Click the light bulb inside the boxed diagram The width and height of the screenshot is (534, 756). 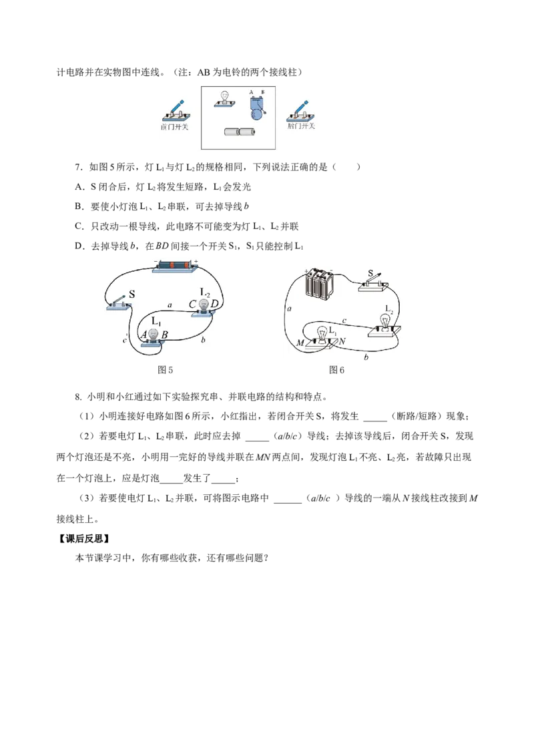pos(224,98)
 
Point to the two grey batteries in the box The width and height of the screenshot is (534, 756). pos(240,131)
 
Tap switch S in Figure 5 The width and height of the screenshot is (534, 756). pos(119,303)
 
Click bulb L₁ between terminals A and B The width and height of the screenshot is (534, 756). pos(154,337)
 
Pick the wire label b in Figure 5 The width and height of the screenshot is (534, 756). pos(203,340)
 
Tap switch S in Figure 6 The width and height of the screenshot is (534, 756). pos(374,283)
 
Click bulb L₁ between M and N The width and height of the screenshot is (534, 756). pos(322,337)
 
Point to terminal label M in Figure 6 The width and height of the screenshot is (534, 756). pos(300,343)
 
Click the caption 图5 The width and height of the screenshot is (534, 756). pos(166,370)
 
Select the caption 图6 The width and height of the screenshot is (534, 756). pos(336,370)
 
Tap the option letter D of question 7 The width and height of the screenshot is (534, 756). pos(79,246)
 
